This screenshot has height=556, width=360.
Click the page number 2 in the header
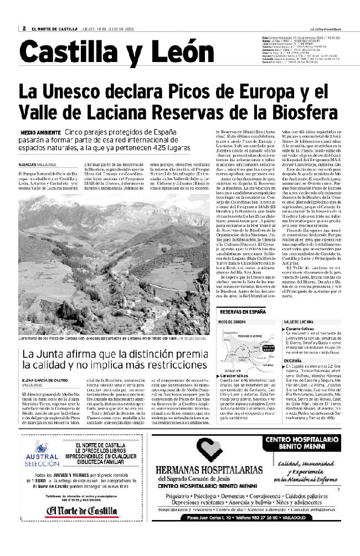pos(25,28)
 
